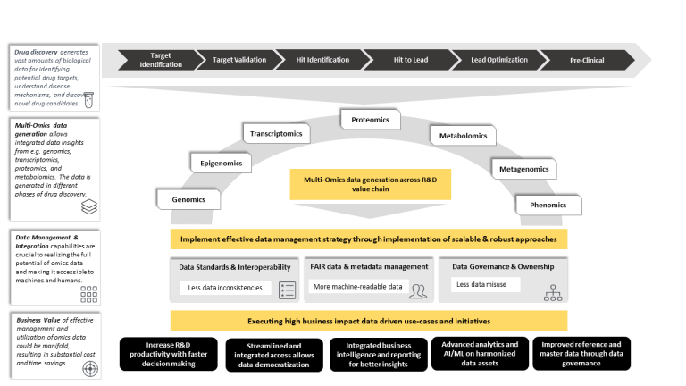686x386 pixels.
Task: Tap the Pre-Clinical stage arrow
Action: click(x=586, y=60)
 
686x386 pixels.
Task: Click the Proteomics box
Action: click(x=370, y=119)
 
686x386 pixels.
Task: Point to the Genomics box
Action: click(x=188, y=199)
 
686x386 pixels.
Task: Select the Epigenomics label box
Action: click(x=221, y=163)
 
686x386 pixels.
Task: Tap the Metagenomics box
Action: click(x=523, y=168)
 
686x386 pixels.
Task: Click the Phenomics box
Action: click(x=548, y=205)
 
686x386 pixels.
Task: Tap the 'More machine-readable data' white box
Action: click(x=356, y=287)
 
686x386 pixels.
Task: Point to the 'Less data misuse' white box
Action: click(x=482, y=285)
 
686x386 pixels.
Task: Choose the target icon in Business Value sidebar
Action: click(x=88, y=365)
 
